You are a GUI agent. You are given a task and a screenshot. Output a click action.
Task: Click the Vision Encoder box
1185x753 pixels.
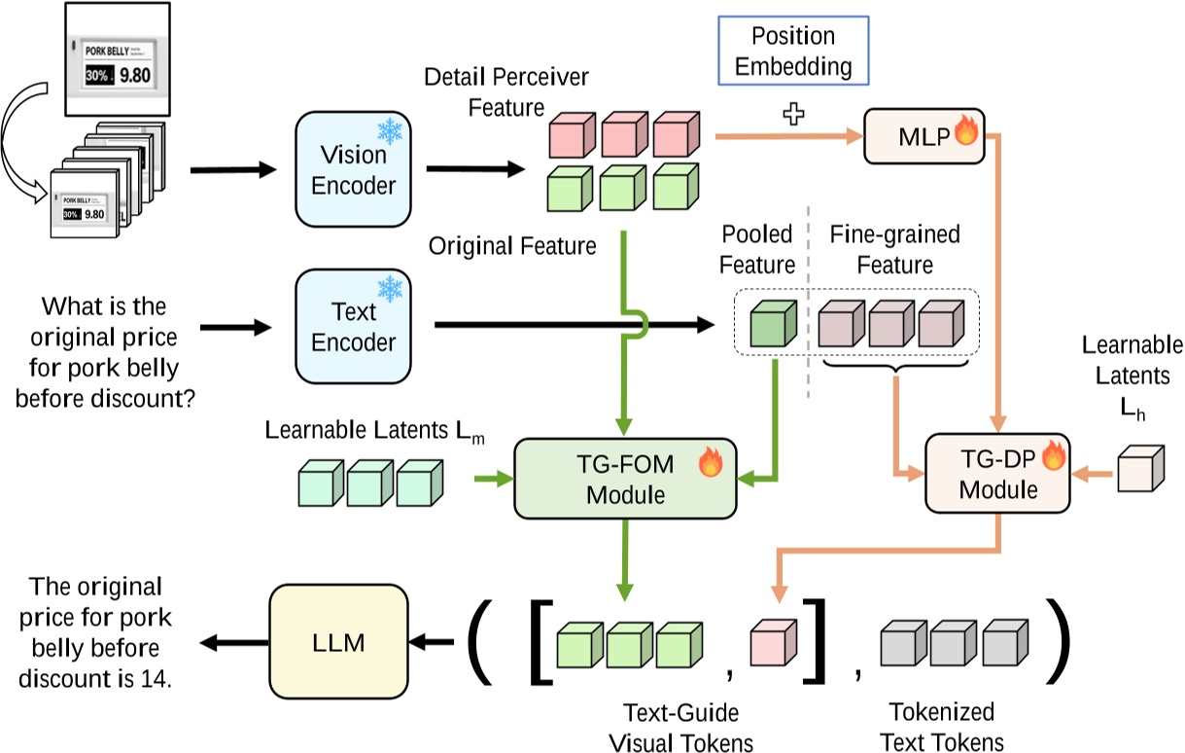(353, 169)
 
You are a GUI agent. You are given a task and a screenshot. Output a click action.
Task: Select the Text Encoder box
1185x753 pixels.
(353, 328)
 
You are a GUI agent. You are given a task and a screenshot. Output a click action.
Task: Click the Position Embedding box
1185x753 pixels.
(793, 53)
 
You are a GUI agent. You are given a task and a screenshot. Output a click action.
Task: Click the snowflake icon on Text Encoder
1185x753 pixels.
(391, 289)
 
